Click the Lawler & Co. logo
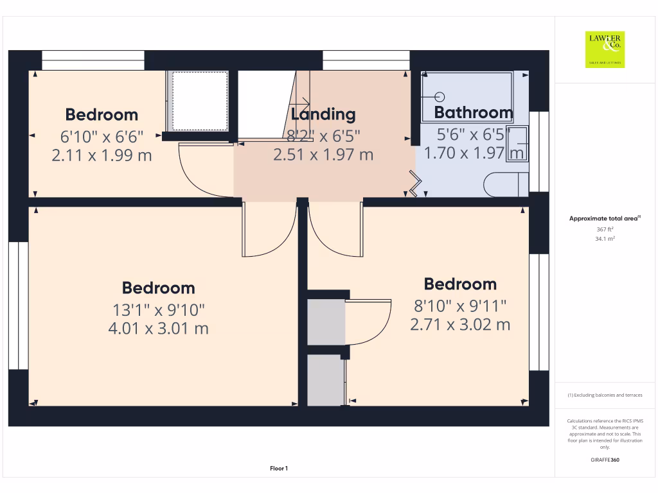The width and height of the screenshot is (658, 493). pyautogui.click(x=605, y=49)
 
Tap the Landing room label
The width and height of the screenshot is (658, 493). pyautogui.click(x=323, y=114)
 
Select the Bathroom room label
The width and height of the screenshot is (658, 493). pyautogui.click(x=474, y=113)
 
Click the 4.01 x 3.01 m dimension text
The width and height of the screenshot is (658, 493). pyautogui.click(x=159, y=329)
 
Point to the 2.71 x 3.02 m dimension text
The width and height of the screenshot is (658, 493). pyautogui.click(x=460, y=325)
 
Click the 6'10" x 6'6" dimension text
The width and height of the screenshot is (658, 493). pyautogui.click(x=102, y=136)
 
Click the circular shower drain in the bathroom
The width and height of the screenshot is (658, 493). pyautogui.click(x=440, y=97)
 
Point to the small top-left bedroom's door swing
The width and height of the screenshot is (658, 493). pyautogui.click(x=204, y=171)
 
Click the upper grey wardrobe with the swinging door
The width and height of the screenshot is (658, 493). pyautogui.click(x=326, y=322)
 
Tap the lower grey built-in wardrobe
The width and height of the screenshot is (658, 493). pyautogui.click(x=326, y=380)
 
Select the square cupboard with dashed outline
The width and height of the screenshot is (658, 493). pyautogui.click(x=198, y=101)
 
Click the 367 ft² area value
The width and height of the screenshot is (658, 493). pyautogui.click(x=605, y=229)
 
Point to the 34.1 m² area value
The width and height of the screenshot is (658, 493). pyautogui.click(x=605, y=238)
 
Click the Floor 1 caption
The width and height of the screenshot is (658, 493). pyautogui.click(x=279, y=469)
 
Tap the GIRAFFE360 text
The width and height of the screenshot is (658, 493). pyautogui.click(x=605, y=460)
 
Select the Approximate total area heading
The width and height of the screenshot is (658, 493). pyautogui.click(x=605, y=219)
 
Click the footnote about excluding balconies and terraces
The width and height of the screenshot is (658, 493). pyautogui.click(x=605, y=395)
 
